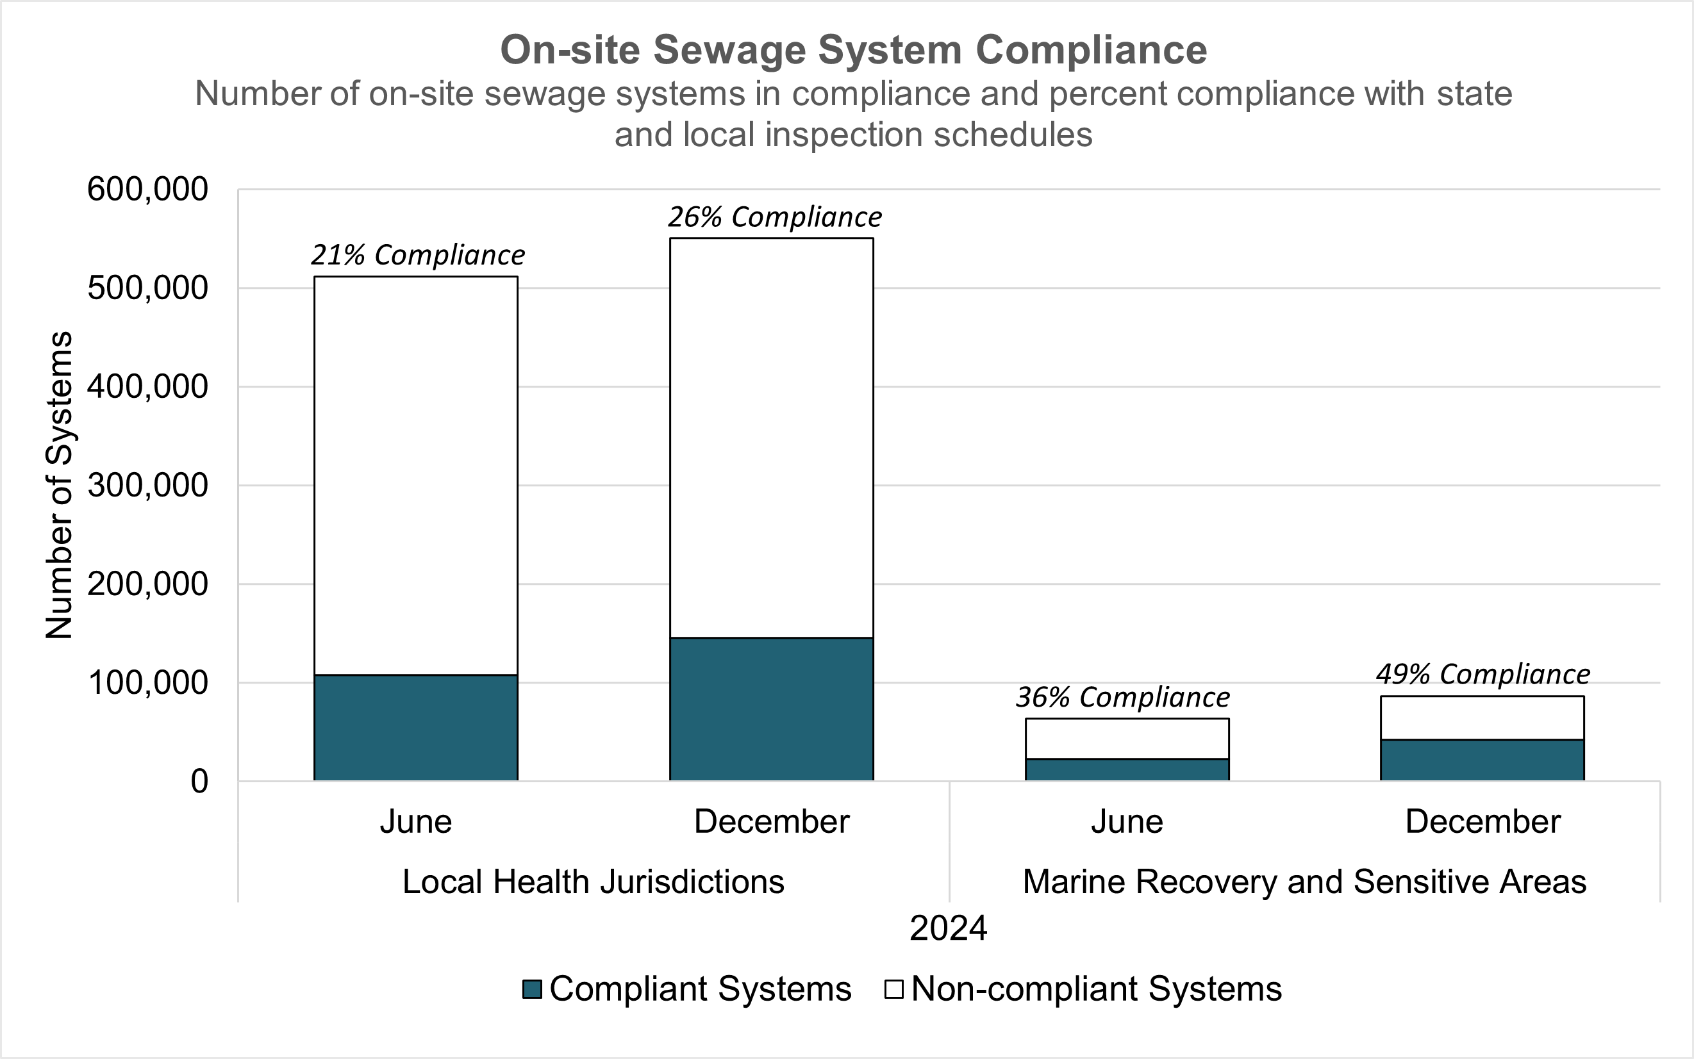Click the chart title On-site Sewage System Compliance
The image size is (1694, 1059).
853,51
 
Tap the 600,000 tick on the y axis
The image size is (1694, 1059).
147,189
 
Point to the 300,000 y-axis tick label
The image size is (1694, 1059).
147,486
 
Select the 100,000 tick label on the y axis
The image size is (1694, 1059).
147,683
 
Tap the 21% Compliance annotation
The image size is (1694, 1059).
417,255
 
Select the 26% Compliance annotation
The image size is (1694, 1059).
774,217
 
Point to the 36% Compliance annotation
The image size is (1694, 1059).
1122,698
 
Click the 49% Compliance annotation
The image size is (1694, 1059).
1482,675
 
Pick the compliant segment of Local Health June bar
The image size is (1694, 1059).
415,728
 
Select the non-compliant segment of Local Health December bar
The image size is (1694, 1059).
771,438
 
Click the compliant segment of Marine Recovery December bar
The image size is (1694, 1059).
1482,760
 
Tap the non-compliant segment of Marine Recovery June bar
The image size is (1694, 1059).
1127,738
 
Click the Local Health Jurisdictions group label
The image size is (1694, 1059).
593,882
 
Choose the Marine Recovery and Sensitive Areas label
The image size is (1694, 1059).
1304,882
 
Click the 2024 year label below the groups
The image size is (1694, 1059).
948,929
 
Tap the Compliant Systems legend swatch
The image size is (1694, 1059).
533,989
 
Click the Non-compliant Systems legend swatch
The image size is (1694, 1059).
893,989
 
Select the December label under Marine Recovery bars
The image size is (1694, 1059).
1482,821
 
